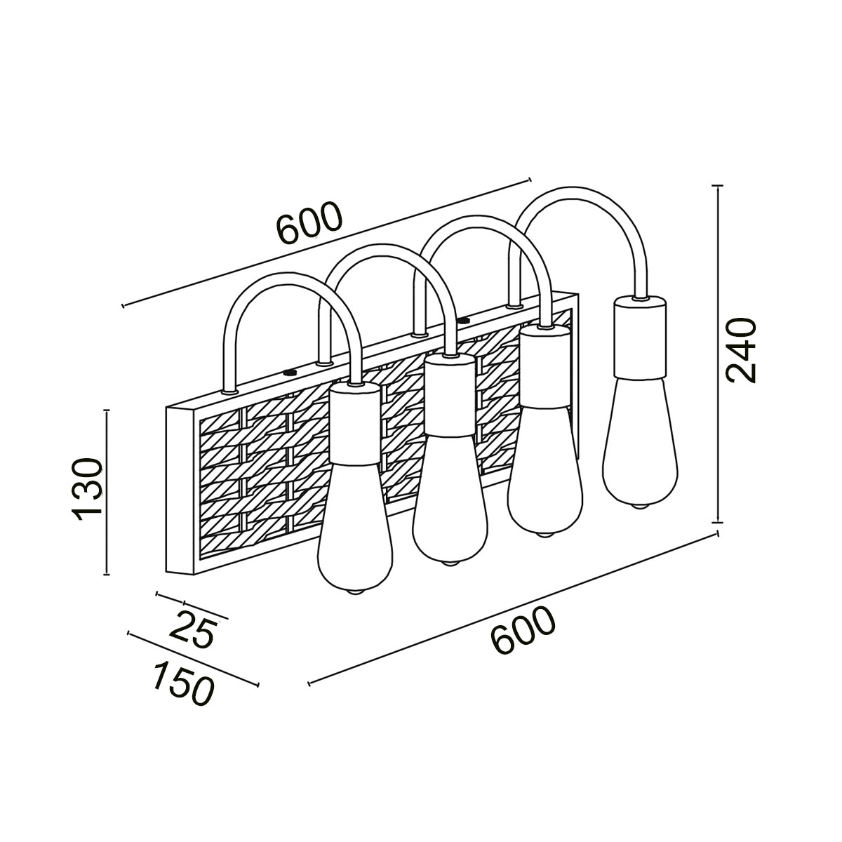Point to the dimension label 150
[x=181, y=681]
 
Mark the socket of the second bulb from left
[x=450, y=394]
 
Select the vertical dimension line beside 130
[x=107, y=491]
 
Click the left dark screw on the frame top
[x=288, y=373]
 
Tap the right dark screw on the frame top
[x=462, y=320]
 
